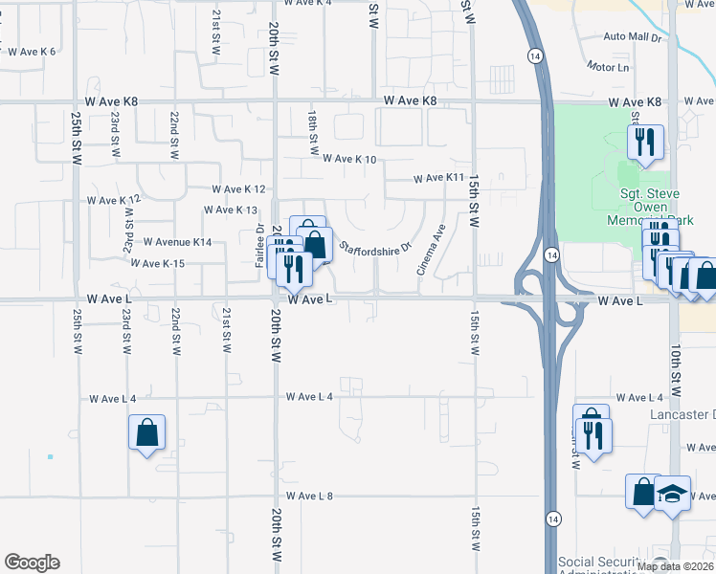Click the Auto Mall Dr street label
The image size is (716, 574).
click(632, 37)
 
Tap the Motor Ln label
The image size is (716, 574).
click(609, 68)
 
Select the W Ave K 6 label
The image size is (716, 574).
click(32, 51)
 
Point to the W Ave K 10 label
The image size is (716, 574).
click(349, 159)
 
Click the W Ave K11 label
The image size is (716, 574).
click(438, 178)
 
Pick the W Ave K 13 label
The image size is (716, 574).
click(233, 210)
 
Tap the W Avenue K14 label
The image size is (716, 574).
click(177, 242)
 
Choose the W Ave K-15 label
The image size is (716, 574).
click(160, 263)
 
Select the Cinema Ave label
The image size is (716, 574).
click(431, 251)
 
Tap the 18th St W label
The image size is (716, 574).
click(313, 132)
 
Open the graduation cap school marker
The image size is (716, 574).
click(673, 493)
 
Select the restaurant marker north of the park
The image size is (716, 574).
click(646, 143)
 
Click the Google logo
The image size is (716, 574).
click(32, 563)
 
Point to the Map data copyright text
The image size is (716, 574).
click(675, 566)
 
